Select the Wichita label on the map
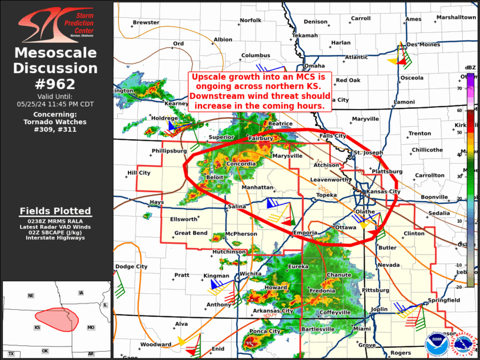click(x=250, y=274)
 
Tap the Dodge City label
click(x=131, y=267)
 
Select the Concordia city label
click(x=240, y=164)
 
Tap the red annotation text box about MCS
click(x=259, y=91)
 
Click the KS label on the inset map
click(x=37, y=327)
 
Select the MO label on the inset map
click(x=91, y=327)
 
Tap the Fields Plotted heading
click(x=56, y=211)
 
